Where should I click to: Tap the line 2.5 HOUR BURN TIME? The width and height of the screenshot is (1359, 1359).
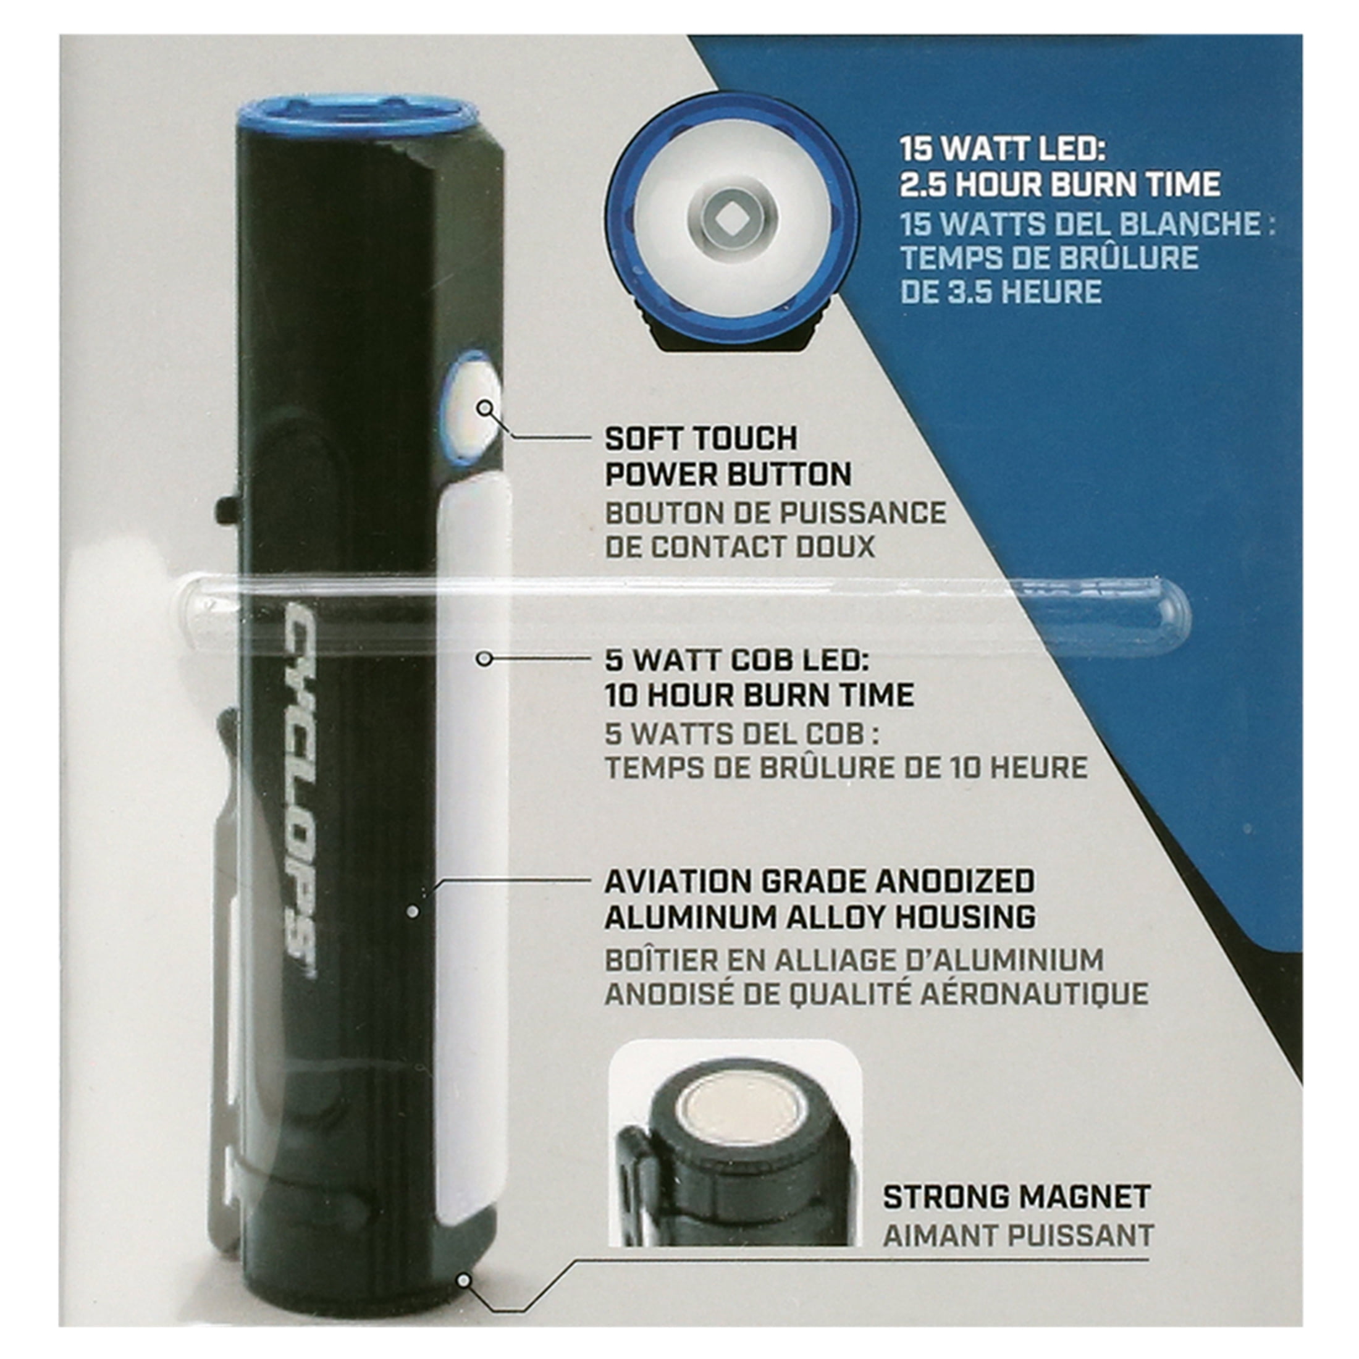(1060, 184)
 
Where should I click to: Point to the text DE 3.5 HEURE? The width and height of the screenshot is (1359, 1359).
(1002, 291)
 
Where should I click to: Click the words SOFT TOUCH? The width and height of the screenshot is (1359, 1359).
(701, 439)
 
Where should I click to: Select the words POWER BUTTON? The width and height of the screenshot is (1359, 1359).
(728, 475)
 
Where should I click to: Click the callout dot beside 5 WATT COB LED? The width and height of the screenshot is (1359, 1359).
(483, 659)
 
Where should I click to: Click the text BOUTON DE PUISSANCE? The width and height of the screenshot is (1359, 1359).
(776, 513)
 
